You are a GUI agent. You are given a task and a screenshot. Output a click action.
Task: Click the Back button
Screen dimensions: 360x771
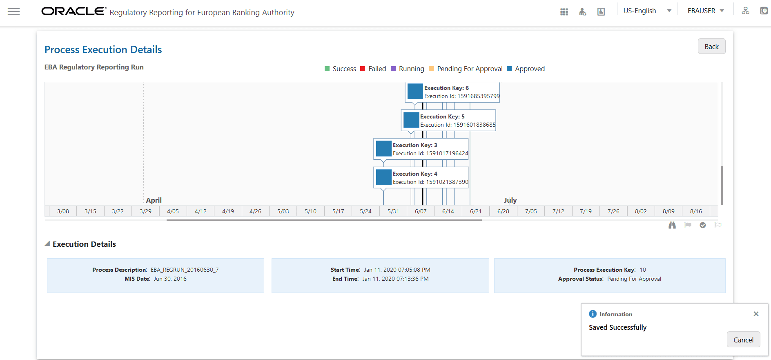[x=711, y=47]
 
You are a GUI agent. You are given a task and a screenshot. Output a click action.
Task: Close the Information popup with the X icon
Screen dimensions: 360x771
[x=756, y=314]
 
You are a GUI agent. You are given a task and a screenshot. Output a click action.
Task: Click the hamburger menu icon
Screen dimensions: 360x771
[x=14, y=11]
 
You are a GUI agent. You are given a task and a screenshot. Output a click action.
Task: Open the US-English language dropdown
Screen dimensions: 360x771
[x=647, y=11]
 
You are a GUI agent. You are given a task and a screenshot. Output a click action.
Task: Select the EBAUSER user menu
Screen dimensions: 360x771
[x=706, y=11]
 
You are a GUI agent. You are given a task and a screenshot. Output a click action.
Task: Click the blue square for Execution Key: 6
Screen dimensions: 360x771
[x=415, y=92]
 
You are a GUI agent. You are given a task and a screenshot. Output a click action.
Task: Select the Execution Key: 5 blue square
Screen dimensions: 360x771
[x=411, y=120]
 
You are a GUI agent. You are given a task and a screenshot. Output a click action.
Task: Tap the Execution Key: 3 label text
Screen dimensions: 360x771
[x=414, y=145]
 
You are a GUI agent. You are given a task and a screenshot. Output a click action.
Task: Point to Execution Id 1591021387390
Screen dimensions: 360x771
[x=430, y=182]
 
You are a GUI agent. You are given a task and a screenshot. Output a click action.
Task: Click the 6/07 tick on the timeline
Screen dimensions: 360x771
[x=421, y=211]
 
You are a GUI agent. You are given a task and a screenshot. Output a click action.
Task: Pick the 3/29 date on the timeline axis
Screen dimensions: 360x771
[x=145, y=211]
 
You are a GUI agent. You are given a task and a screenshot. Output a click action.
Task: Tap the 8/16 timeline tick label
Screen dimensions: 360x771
[x=696, y=211]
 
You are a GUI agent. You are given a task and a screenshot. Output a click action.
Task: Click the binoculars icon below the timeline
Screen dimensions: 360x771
[x=672, y=225]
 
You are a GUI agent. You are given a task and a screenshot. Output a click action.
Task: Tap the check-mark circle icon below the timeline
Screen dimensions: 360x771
[x=703, y=225]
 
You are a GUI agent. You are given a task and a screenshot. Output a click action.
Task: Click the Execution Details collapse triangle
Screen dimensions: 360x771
[x=47, y=244]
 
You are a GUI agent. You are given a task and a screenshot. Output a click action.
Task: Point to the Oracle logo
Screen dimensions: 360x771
[x=74, y=11]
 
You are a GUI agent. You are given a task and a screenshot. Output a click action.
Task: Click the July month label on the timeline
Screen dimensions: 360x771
[x=510, y=200]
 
